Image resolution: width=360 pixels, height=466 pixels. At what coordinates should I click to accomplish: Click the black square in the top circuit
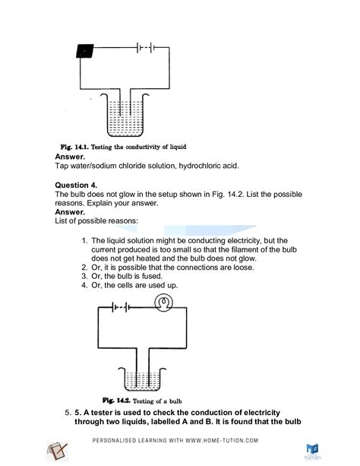(86, 52)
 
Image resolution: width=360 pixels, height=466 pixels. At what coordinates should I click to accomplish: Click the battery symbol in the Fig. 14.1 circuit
(145, 47)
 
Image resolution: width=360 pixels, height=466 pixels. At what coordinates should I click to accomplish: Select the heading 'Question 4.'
(78, 185)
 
